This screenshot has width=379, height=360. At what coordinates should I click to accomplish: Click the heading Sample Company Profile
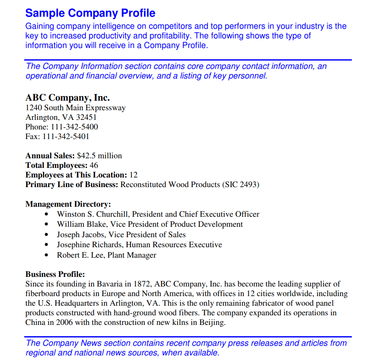(x=90, y=13)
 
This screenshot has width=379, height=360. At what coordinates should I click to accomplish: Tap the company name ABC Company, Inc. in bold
(x=68, y=98)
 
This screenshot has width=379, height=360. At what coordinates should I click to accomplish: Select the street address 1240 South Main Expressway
(x=76, y=108)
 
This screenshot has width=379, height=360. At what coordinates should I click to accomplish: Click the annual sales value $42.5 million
(x=100, y=156)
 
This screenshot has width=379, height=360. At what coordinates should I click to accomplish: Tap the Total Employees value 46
(x=94, y=165)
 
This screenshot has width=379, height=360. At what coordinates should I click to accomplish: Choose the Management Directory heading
(x=68, y=204)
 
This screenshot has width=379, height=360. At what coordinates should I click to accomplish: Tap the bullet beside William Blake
(x=47, y=225)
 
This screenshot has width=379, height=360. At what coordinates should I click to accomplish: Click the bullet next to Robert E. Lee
(x=47, y=255)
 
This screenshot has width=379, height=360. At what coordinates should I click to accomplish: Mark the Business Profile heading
(x=55, y=274)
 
